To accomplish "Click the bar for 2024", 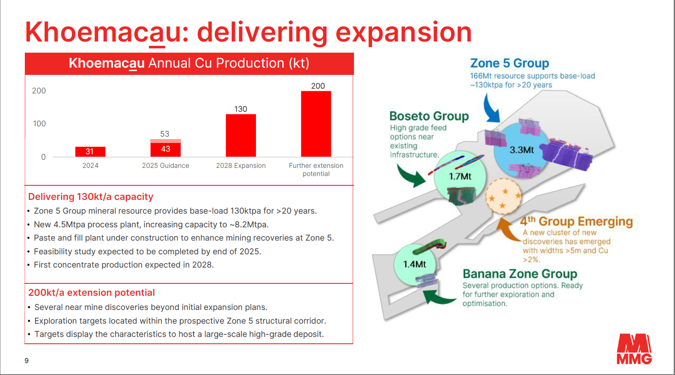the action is (x=90, y=152).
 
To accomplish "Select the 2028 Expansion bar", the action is (x=241, y=135).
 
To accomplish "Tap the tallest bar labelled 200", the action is (x=316, y=124).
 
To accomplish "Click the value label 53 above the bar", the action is (x=164, y=134).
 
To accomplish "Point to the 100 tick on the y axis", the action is (x=39, y=124).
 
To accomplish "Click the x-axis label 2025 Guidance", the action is (x=166, y=166).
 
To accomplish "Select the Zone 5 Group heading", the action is (x=509, y=63).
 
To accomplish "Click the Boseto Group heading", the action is (x=429, y=116).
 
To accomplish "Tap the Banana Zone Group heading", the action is (x=520, y=274).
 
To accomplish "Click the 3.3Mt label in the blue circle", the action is (x=522, y=150).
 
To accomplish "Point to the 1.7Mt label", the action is (x=460, y=176).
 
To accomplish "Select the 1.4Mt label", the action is (x=415, y=265).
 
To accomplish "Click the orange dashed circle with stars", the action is (x=503, y=196).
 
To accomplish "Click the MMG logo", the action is (x=634, y=349).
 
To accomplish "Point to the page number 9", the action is (x=27, y=360).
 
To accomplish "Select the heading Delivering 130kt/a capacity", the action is (x=91, y=196).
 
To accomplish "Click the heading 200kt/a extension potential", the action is (x=91, y=292).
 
